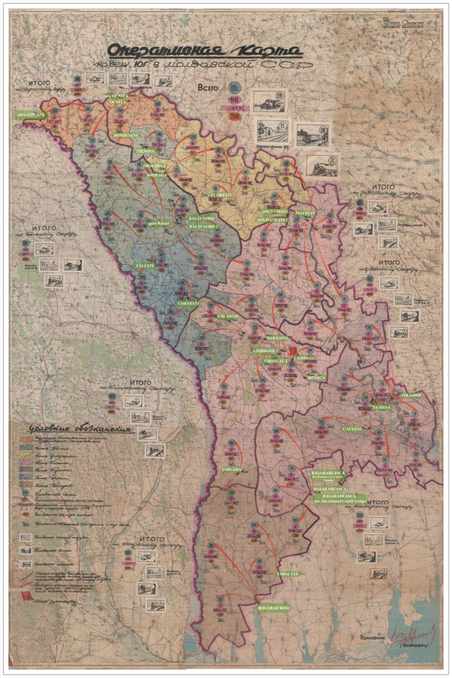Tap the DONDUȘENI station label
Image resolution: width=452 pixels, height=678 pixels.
click(x=124, y=135)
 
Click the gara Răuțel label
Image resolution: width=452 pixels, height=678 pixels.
click(x=159, y=223)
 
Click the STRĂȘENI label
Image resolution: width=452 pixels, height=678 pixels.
click(x=277, y=338)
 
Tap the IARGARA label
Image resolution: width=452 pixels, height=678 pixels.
click(x=231, y=469)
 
